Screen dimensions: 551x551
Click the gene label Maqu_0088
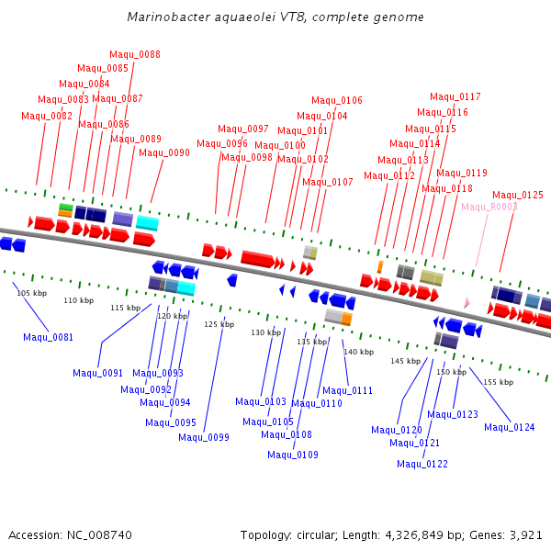[x=135, y=54]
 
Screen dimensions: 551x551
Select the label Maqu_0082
[x=47, y=116]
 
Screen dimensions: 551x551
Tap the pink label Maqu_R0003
[x=489, y=207]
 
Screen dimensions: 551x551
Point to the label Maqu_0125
[x=518, y=195]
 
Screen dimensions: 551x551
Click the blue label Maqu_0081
[x=49, y=337]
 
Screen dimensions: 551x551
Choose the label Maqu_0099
[x=204, y=437]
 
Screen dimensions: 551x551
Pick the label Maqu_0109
[x=293, y=455]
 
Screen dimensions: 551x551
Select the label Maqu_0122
[x=422, y=464]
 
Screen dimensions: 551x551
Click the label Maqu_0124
[x=510, y=427]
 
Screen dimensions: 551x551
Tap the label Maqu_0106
[x=337, y=100]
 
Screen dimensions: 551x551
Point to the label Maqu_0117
[x=455, y=96]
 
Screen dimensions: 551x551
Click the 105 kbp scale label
[x=31, y=293]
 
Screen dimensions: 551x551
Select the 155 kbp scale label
[x=498, y=381]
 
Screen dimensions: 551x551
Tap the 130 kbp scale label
[x=265, y=332]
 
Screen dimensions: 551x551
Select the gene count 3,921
[x=524, y=534]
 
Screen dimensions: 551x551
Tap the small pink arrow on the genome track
[x=467, y=302]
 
